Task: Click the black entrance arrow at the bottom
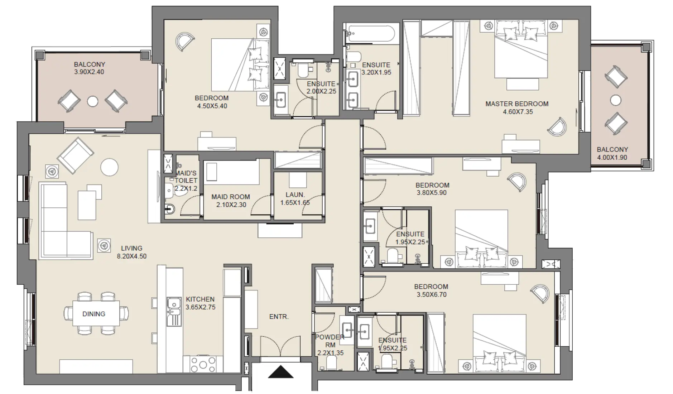coord(280,372)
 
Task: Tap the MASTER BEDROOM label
coord(516,104)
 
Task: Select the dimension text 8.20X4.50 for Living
coord(131,256)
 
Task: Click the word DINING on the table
coord(94,314)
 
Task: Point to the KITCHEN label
coord(200,299)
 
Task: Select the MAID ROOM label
coord(230,197)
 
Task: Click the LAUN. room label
coord(295,195)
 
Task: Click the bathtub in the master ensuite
coord(371,34)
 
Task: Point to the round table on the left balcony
coord(93,101)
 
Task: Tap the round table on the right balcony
coord(615,100)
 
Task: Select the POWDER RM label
coord(330,341)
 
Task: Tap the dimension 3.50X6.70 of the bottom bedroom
coord(431,294)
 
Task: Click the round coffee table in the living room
coord(109,167)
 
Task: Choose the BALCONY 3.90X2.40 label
coord(90,68)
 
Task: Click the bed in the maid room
coord(231,173)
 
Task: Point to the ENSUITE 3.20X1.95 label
coord(376,68)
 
